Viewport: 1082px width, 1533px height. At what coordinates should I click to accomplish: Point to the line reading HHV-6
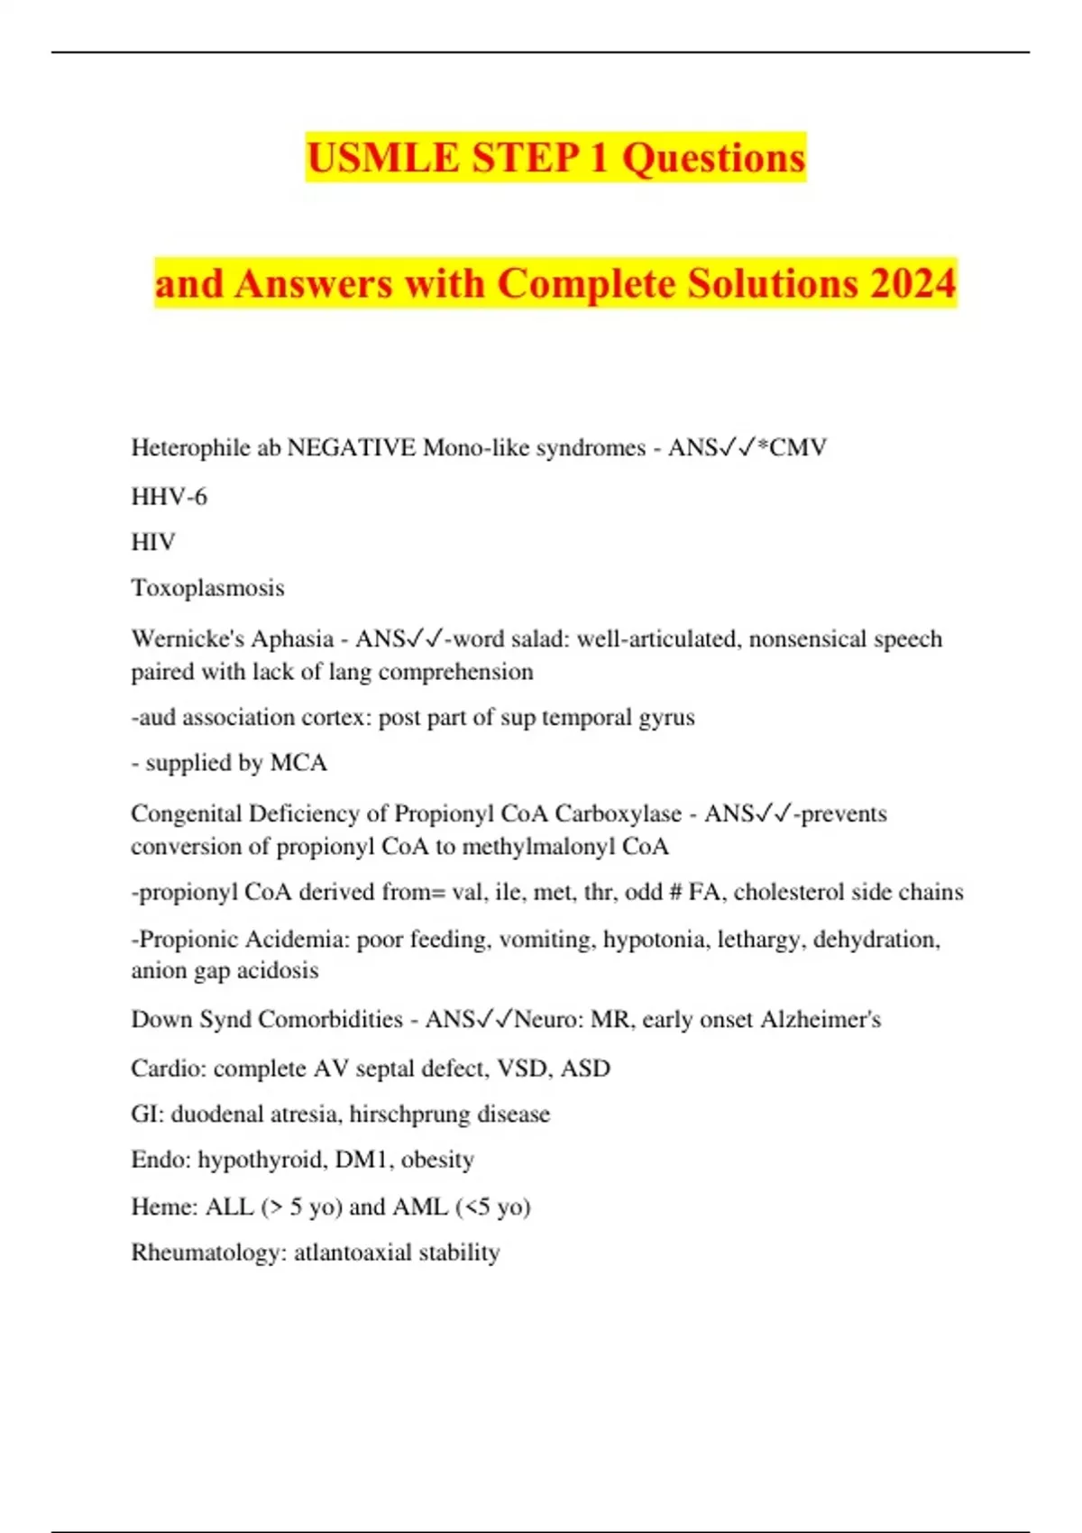coord(169,496)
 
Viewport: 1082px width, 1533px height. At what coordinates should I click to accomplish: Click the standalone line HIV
coord(153,542)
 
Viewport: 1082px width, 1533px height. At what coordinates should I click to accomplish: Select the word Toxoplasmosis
coord(207,588)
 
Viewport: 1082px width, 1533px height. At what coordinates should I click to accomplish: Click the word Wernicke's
coord(186,638)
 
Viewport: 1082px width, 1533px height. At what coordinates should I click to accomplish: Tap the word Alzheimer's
coord(821,1019)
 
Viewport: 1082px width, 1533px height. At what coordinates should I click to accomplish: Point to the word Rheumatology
coord(206,1253)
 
